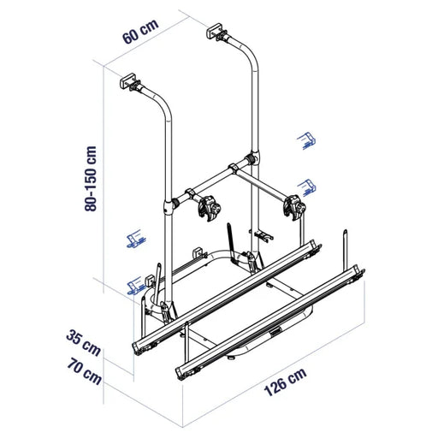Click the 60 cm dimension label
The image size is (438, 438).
point(140,32)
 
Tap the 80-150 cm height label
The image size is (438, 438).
point(91,179)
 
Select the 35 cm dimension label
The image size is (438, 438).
point(83,342)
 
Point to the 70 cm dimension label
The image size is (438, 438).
point(85,371)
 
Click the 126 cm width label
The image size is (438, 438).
point(286,382)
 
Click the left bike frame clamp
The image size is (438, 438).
point(209,208)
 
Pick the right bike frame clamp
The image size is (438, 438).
point(294,207)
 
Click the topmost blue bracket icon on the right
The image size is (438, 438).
point(306,140)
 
